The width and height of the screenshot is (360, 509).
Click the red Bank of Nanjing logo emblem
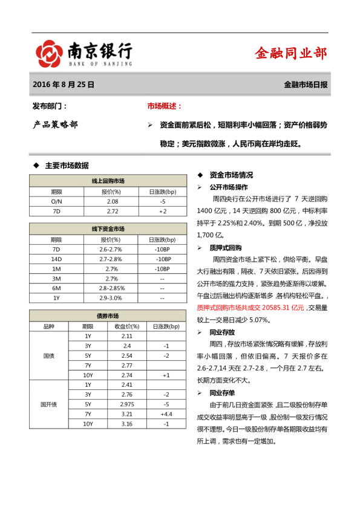48,53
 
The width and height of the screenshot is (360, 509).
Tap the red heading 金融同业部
291,53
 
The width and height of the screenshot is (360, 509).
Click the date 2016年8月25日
64,85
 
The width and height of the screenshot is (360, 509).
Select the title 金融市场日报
306,85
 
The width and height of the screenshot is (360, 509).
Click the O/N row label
56,201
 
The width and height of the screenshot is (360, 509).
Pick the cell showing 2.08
112,201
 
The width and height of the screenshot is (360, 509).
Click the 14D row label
56,259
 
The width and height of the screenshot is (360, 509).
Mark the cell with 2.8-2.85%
112,288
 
